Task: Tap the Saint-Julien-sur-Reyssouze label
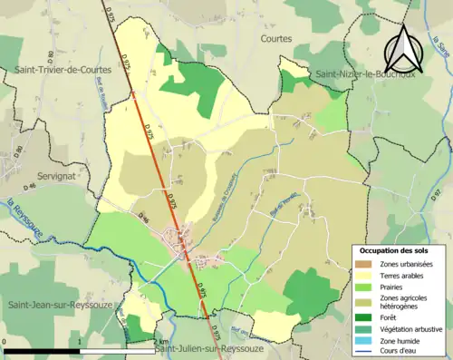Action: click(x=209, y=348)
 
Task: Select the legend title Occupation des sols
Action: click(x=395, y=249)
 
